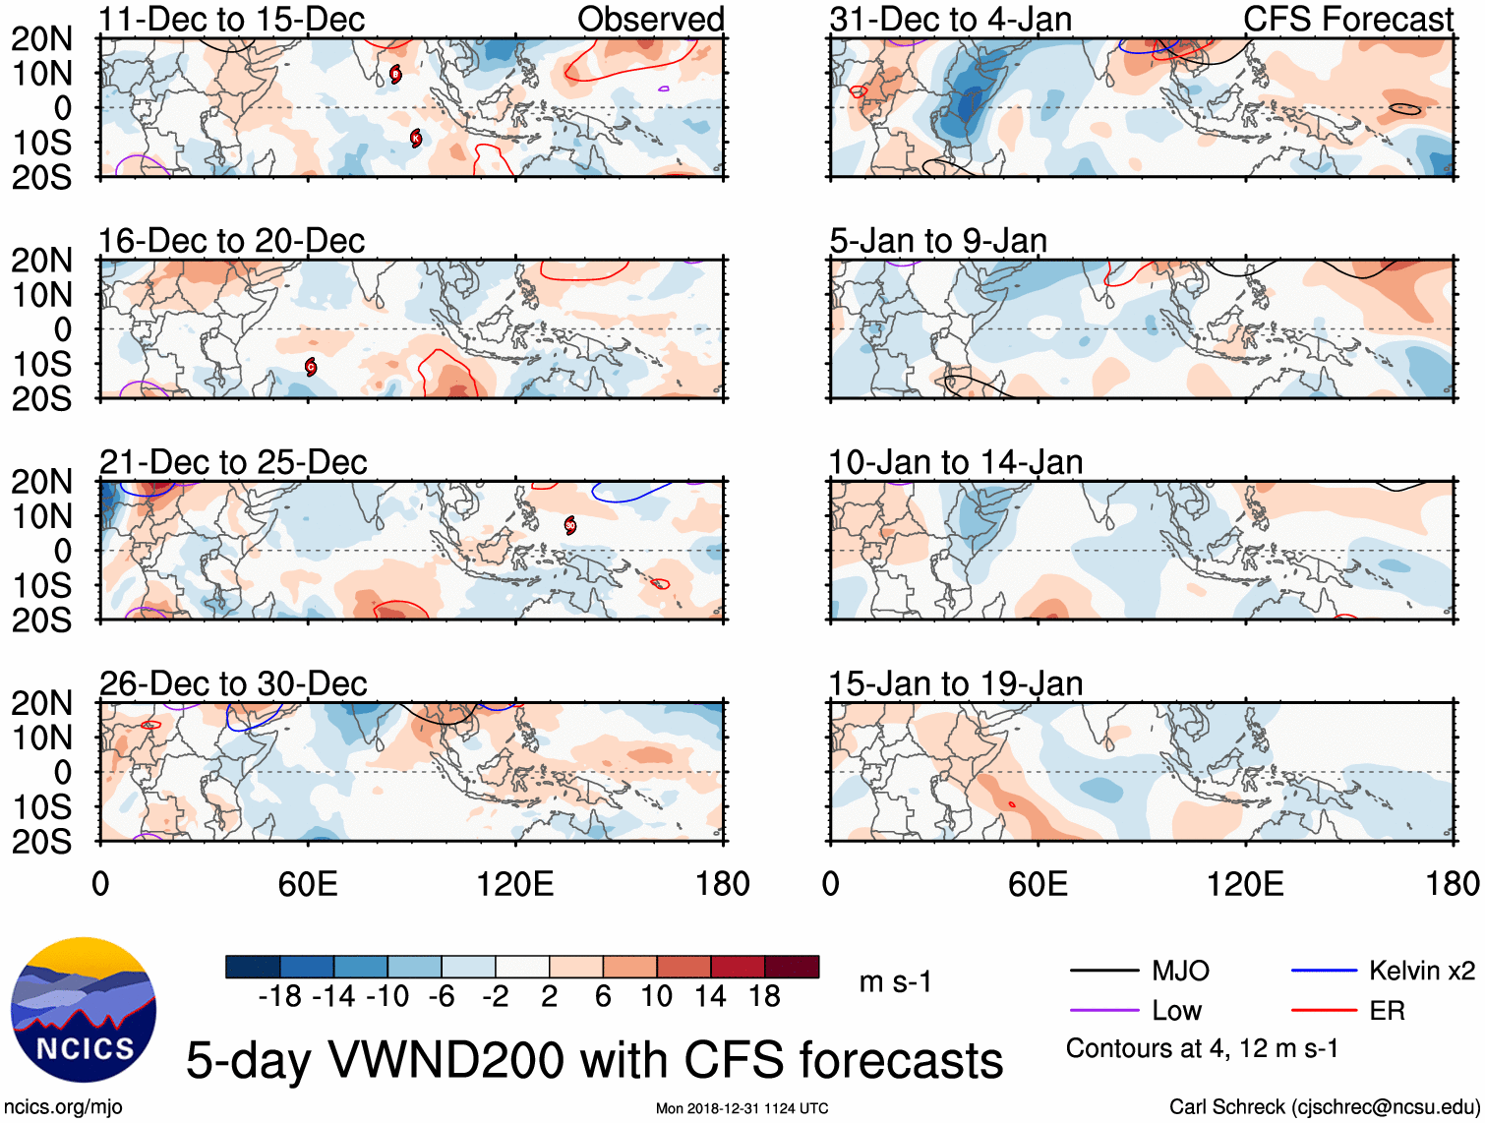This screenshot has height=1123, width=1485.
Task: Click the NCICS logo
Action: (x=84, y=1010)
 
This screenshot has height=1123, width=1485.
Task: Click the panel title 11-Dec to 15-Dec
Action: (x=232, y=19)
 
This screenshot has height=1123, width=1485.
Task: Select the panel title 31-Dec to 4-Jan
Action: (x=950, y=19)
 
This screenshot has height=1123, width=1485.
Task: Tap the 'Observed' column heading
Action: (x=650, y=19)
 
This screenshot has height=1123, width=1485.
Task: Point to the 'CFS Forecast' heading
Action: (x=1347, y=19)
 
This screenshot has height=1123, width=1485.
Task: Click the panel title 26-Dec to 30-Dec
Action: (x=233, y=683)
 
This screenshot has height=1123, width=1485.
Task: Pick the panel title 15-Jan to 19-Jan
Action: (x=955, y=683)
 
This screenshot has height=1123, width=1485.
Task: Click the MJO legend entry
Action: (x=1180, y=972)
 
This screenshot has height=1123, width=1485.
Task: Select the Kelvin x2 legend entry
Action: (x=1421, y=972)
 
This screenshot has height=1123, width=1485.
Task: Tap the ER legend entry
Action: (x=1387, y=1011)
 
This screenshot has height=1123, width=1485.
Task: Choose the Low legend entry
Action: (x=1176, y=1011)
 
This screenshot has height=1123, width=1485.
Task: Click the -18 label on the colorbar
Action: (x=280, y=996)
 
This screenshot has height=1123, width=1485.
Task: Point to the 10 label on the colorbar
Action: (x=656, y=996)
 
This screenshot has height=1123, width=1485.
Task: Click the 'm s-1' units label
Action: (x=895, y=982)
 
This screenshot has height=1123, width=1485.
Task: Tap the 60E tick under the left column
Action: (x=307, y=884)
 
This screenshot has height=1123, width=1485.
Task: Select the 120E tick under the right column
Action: (x=1244, y=884)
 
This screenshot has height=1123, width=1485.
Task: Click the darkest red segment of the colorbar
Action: (x=792, y=967)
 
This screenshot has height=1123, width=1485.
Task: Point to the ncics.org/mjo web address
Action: (x=63, y=1107)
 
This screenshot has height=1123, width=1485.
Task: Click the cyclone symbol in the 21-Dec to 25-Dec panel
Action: (x=570, y=525)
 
